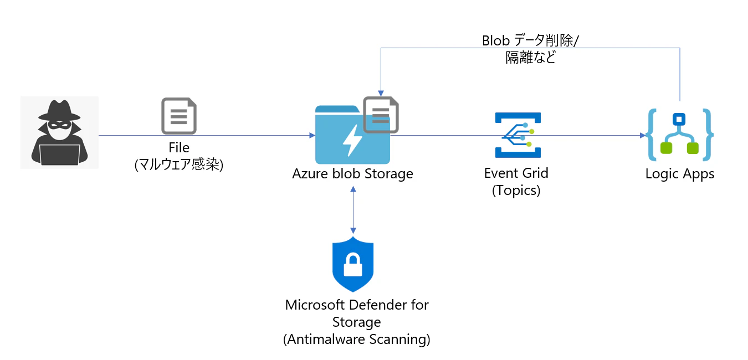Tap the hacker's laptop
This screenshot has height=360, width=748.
60,155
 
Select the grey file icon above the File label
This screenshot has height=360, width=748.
179,116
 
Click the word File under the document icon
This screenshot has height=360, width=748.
179,147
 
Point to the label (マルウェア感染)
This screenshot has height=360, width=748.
179,164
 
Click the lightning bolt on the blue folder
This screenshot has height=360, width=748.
352,141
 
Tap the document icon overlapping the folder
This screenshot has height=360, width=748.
381,115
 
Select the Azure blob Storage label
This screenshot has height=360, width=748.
352,174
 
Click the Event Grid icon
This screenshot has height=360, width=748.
518,135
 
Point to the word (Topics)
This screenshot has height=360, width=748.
516,191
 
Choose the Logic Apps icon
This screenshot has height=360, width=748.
679,135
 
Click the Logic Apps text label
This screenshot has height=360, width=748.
680,174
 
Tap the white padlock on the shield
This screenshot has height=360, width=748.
353,265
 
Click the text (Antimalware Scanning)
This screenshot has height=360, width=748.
357,340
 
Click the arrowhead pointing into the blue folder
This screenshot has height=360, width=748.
312,136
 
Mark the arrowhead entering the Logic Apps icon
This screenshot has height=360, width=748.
643,136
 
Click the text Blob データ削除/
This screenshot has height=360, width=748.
530,40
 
